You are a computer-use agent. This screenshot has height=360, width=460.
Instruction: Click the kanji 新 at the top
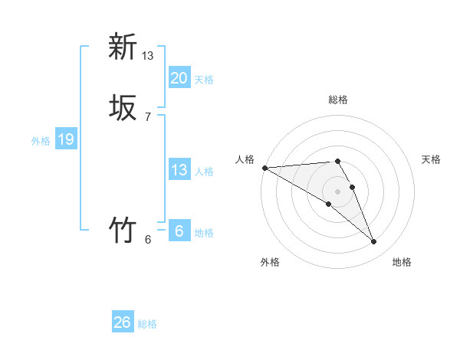(x=123, y=47)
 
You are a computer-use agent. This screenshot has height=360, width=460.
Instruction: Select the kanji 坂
(x=123, y=110)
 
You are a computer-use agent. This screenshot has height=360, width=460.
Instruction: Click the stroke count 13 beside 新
(x=148, y=56)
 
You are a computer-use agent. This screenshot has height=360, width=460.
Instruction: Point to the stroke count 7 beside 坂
(x=148, y=116)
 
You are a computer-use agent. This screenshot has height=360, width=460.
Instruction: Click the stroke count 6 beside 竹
(x=148, y=239)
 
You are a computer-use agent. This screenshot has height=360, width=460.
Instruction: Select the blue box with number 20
(x=179, y=77)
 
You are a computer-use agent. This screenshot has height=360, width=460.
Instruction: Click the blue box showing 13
(x=179, y=170)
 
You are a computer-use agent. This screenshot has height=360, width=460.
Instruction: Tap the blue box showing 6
(x=179, y=231)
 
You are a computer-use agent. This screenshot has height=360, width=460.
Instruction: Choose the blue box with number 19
(x=66, y=139)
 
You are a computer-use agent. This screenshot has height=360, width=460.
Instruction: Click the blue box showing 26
(x=123, y=322)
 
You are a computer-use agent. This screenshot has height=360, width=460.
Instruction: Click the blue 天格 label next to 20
(x=204, y=80)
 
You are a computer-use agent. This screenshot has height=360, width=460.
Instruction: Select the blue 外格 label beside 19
(x=41, y=141)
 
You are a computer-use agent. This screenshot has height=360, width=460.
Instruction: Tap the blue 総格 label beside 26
(x=147, y=325)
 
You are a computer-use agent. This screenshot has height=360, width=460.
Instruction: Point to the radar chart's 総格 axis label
(x=338, y=100)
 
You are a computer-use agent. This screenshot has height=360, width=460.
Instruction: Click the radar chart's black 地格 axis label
(x=402, y=263)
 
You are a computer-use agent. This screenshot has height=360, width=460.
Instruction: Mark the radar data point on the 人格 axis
(x=264, y=168)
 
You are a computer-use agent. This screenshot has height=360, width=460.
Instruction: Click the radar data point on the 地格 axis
(x=374, y=241)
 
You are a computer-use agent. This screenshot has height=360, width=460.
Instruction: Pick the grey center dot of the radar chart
(x=338, y=191)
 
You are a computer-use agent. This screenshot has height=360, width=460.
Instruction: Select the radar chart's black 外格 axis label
(x=270, y=263)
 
